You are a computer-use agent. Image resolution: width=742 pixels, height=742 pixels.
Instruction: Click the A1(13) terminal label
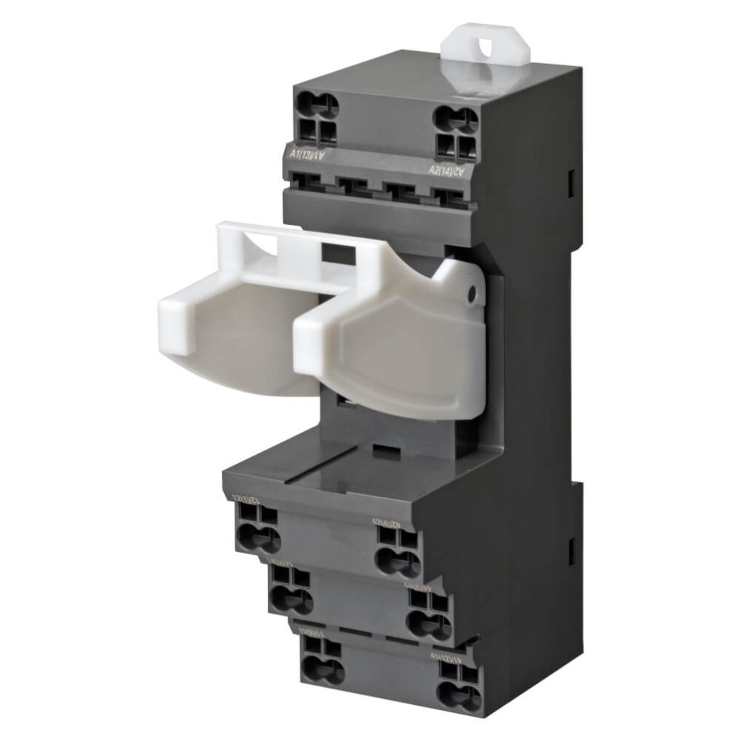306,154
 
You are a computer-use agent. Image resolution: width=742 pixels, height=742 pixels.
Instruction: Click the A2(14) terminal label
447,171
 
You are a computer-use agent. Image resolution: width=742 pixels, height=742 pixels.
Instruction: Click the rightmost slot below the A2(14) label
450,199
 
